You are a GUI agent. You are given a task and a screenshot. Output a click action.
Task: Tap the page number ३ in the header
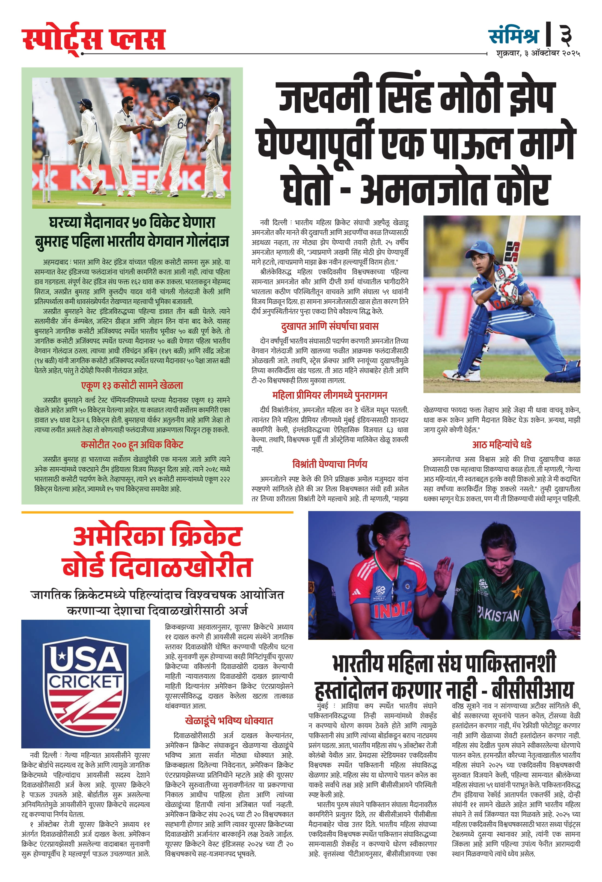pyautogui.click(x=566, y=35)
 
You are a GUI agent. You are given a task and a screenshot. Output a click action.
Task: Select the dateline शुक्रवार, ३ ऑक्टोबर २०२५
pyautogui.click(x=538, y=53)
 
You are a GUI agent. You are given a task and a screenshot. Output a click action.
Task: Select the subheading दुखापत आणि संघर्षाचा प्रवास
pyautogui.click(x=330, y=326)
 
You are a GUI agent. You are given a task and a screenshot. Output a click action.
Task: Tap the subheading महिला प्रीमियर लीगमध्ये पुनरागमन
pyautogui.click(x=330, y=396)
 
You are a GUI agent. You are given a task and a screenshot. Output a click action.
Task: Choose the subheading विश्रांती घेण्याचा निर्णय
pyautogui.click(x=330, y=464)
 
